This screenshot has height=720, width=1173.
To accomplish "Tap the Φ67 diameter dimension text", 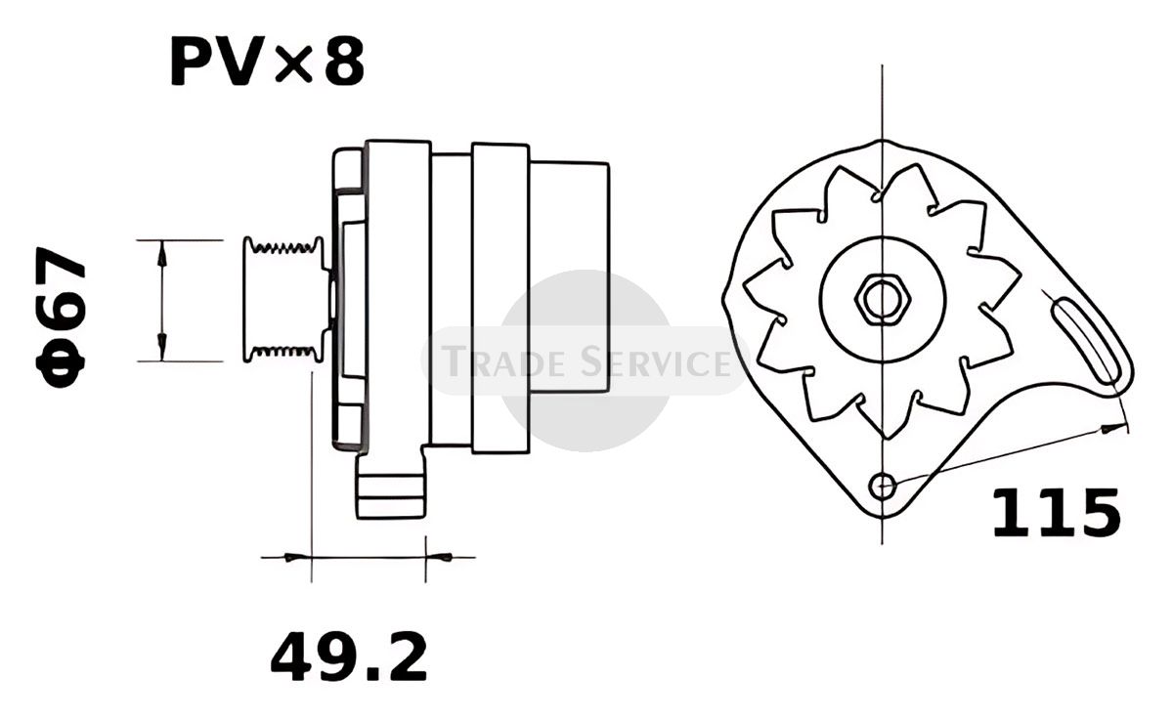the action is [61, 318].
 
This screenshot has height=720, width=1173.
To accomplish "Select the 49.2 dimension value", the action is [349, 656].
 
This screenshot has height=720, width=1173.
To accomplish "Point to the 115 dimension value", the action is [1057, 513].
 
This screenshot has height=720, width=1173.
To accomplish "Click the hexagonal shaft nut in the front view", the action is [883, 299].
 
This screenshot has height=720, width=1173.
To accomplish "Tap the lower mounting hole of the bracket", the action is [883, 487].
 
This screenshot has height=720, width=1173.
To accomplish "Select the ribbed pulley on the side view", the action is [284, 299].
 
